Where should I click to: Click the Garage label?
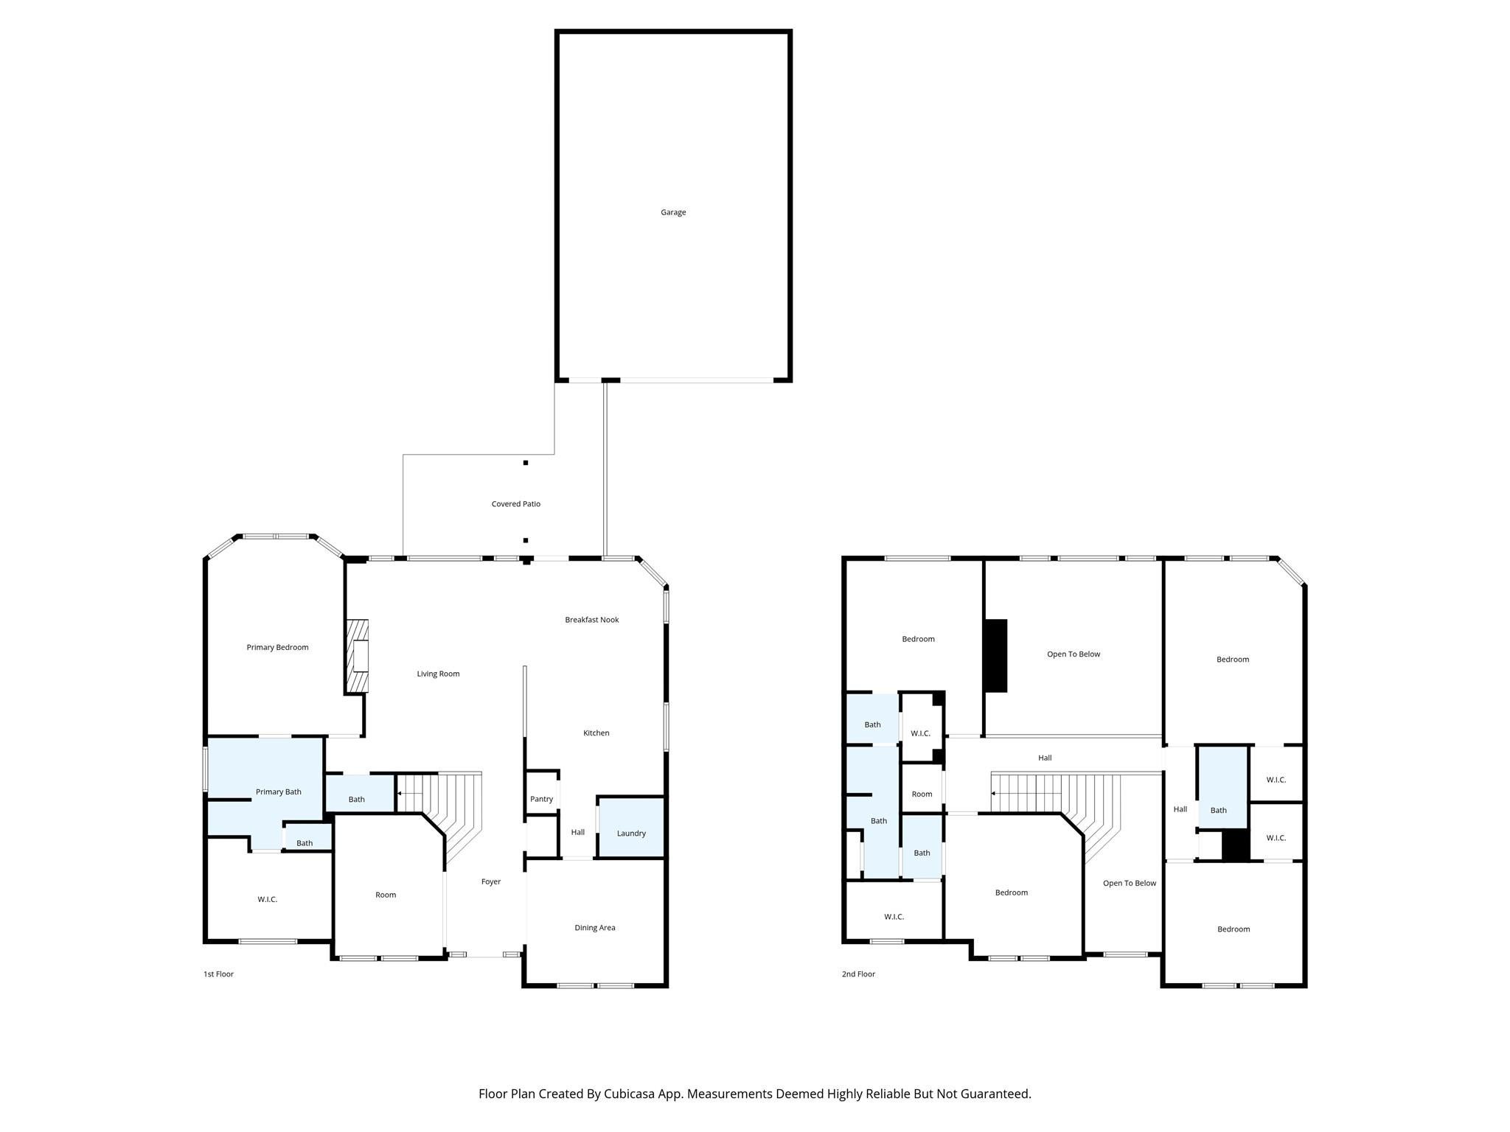click(673, 212)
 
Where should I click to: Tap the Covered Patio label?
click(516, 504)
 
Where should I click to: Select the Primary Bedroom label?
click(277, 647)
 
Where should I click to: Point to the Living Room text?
click(438, 674)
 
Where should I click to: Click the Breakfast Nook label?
click(592, 620)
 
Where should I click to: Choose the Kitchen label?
click(596, 733)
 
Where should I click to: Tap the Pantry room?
click(542, 792)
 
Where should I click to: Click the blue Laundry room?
click(631, 827)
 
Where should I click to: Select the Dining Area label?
click(595, 928)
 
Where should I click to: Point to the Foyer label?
click(491, 881)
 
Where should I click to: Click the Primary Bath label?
click(279, 792)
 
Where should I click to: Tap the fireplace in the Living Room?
click(357, 656)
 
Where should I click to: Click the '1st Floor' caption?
click(218, 974)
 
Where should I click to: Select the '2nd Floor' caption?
click(858, 974)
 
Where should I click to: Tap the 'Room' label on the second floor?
click(922, 794)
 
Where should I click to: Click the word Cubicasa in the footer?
click(632, 1094)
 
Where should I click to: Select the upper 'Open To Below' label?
click(1074, 654)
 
